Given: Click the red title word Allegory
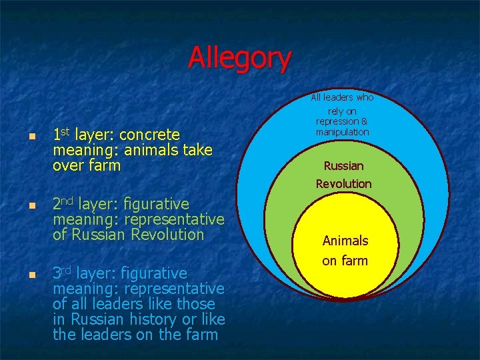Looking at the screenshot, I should tap(239, 57).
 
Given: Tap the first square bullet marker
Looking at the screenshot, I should tap(31, 137).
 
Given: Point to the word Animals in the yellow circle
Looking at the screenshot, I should tap(345, 241).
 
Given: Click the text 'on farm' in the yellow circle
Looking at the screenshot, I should tap(345, 261).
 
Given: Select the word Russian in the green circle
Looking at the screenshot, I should tap(343, 166).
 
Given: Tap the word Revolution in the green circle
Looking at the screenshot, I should tap(343, 183).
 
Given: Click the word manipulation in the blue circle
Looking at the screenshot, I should tap(342, 132).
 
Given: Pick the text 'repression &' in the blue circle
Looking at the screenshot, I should tap(342, 121).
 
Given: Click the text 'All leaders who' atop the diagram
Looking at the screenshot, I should tap(342, 97).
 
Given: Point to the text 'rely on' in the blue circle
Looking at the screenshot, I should tap(342, 111).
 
